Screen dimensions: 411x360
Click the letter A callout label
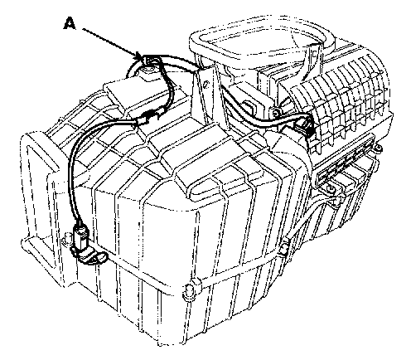[x=70, y=23]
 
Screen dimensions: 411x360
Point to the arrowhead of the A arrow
[x=140, y=57]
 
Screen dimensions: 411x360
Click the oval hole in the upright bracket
[x=205, y=85]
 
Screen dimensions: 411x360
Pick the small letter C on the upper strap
[x=314, y=52]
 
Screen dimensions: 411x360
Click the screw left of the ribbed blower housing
[x=275, y=113]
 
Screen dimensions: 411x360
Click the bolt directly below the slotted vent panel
[x=331, y=189]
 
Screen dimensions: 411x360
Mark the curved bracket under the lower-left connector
[x=89, y=255]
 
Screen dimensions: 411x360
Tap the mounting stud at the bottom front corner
[x=189, y=291]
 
